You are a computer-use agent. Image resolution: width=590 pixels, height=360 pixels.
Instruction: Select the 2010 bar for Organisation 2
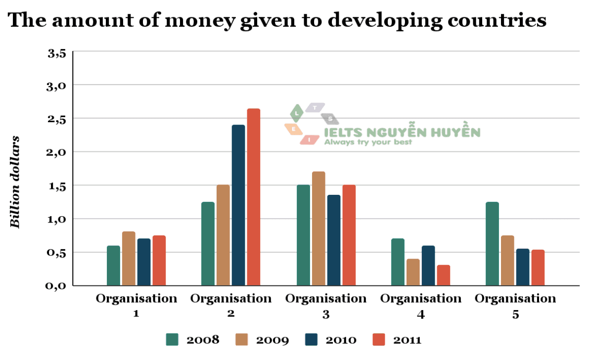[238, 205]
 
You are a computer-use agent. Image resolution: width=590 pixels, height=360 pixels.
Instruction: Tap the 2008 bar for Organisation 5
[492, 243]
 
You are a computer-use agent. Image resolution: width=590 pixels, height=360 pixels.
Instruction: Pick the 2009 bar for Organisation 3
[318, 228]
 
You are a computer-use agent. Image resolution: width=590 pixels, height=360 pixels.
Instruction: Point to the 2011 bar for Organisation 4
[444, 275]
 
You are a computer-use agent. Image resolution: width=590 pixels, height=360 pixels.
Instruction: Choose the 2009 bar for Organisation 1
[129, 258]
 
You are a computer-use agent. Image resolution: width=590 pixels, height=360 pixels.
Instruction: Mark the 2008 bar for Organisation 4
[398, 262]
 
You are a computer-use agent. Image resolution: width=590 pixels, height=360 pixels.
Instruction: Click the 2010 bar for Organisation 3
[334, 240]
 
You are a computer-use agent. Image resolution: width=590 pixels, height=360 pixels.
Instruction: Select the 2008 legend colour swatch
[172, 340]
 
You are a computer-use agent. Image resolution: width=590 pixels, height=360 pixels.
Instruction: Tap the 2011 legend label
[407, 340]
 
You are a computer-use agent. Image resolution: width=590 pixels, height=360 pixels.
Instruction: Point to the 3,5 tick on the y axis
[56, 52]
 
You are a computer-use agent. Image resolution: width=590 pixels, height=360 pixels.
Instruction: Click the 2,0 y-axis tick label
[56, 152]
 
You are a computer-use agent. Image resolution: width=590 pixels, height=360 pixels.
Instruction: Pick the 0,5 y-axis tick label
[56, 253]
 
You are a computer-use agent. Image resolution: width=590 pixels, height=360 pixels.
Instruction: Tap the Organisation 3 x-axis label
[326, 306]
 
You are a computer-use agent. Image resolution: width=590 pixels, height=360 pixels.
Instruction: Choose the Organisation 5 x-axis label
[515, 306]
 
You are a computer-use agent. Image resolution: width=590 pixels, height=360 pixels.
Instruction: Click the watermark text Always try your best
[368, 142]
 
